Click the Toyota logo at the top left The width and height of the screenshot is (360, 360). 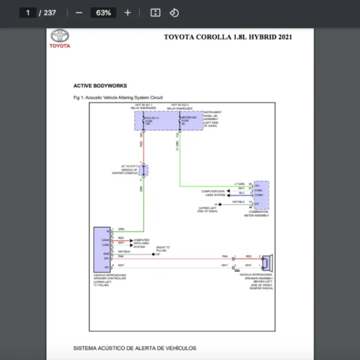click(59, 39)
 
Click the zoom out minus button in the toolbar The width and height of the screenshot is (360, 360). click(79, 13)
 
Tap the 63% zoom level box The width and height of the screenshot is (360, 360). click(103, 13)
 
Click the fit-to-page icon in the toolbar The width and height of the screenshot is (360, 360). click(155, 13)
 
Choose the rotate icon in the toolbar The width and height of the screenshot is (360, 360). click(174, 13)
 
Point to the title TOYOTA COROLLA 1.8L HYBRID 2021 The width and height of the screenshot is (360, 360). click(228, 37)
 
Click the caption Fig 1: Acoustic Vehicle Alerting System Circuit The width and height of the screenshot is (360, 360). click(118, 97)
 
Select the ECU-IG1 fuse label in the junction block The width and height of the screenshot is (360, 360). click(148, 120)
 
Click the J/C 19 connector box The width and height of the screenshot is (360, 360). click(144, 170)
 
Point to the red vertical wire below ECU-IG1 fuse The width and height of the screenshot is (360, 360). click(143, 144)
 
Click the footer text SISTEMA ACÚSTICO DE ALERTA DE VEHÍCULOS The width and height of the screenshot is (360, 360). click(134, 348)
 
